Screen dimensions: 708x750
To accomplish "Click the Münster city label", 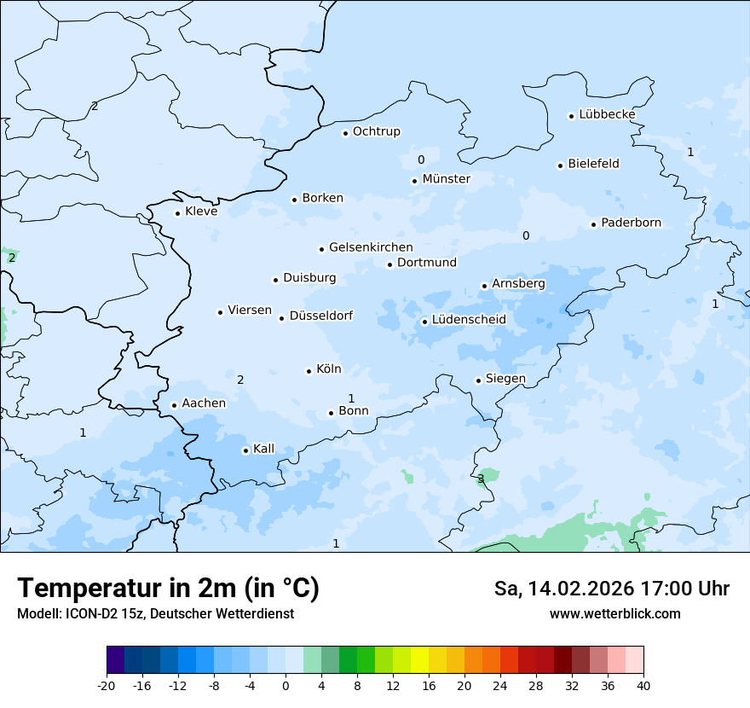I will [446, 179].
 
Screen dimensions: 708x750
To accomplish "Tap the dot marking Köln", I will [309, 371].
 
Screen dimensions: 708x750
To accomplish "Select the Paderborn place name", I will [631, 223].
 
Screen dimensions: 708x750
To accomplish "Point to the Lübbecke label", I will [607, 114].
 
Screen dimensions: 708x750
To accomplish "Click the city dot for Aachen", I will [174, 406].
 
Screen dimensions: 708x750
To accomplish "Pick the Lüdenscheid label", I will [469, 320].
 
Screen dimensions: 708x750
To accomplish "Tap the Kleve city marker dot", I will [177, 213].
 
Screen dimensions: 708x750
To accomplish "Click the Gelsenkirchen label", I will [371, 247].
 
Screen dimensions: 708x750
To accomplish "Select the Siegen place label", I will [505, 379].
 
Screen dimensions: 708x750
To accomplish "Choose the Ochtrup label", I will [376, 131].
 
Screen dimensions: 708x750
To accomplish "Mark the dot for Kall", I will [245, 450].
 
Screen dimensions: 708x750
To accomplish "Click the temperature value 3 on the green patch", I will [481, 479].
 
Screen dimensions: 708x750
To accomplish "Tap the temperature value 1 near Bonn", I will [351, 398].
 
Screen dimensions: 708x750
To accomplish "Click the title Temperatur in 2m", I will [168, 588].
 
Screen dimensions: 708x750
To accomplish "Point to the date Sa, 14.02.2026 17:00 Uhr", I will [611, 589].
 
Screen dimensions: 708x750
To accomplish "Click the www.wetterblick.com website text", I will [614, 613].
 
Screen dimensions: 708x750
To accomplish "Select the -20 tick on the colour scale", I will [107, 686].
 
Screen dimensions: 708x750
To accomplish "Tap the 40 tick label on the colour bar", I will [643, 686].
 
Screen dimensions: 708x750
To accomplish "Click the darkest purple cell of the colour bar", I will [115, 660].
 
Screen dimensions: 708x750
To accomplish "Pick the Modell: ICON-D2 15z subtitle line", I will [155, 613].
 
